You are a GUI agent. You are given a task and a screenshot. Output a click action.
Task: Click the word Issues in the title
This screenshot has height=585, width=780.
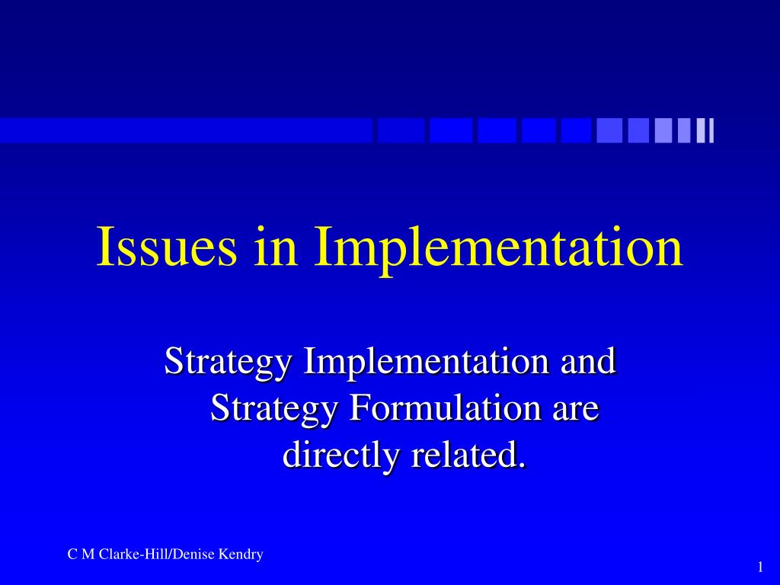coord(166,248)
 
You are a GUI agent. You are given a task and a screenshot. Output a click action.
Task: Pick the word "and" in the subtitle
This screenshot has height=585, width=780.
coord(587,361)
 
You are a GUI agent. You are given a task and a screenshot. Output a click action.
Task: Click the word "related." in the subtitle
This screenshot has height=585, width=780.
coord(468,455)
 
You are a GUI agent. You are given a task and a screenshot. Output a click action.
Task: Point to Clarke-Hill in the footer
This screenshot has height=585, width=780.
coord(139,555)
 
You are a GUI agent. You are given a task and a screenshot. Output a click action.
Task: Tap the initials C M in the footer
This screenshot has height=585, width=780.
coord(81,555)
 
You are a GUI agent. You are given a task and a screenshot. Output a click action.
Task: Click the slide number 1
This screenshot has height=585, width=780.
coord(760,567)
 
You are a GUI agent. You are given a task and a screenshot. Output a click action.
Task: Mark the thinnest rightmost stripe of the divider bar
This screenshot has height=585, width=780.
coord(711,130)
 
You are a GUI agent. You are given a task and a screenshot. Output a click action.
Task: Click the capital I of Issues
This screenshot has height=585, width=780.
coord(103,248)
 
